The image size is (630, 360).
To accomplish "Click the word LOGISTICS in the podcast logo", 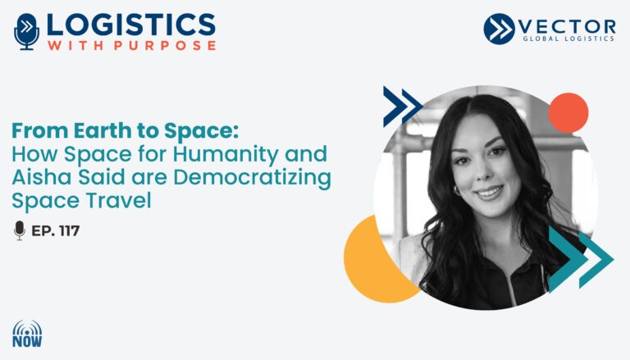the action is [131, 25].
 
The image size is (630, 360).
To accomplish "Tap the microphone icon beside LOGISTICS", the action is [26, 32].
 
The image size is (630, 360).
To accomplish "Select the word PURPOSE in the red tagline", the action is [165, 45].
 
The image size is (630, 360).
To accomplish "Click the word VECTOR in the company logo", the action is [567, 27].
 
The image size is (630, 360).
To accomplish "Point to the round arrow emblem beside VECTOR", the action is [499, 29].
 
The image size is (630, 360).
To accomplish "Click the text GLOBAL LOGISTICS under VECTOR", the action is [568, 39].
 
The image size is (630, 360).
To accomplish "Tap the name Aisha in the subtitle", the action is [42, 177].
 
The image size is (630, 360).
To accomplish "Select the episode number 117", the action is [69, 231].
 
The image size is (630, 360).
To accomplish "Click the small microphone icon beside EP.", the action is [20, 230].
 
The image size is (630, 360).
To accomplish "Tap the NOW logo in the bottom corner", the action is [27, 334].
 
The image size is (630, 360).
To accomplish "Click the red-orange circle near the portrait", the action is [568, 112].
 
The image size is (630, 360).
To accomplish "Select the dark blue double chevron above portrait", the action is [402, 107].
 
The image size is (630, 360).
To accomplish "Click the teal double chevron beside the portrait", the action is [581, 259].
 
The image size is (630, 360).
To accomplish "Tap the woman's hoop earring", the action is [458, 190].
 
